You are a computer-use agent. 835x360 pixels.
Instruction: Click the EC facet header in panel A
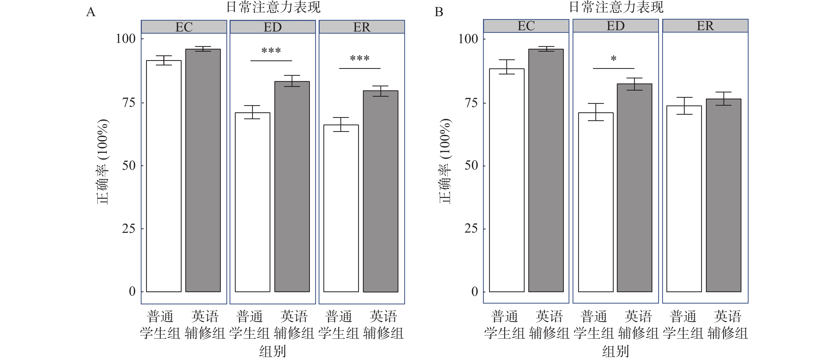pyautogui.click(x=184, y=27)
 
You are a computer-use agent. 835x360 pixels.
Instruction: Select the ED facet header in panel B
pyautogui.click(x=615, y=26)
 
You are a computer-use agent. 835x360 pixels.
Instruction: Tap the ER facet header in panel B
pyautogui.click(x=705, y=26)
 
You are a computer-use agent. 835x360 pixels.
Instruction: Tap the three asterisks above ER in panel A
pyautogui.click(x=359, y=59)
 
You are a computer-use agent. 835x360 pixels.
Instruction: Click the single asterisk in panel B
pyautogui.click(x=613, y=59)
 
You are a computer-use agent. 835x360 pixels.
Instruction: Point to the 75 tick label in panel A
pyautogui.click(x=128, y=103)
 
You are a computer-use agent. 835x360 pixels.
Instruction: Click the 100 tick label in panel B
pyautogui.click(x=468, y=39)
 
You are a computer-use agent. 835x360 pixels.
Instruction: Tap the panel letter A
pyautogui.click(x=91, y=12)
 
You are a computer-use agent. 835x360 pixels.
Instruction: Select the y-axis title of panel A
pyautogui.click(x=103, y=162)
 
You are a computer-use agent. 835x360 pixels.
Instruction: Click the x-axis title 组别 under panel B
pyautogui.click(x=615, y=351)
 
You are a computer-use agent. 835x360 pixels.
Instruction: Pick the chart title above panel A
pyautogui.click(x=273, y=7)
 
